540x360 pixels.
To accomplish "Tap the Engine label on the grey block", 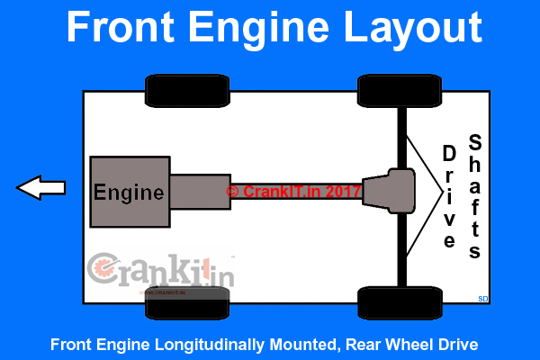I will [x=130, y=192].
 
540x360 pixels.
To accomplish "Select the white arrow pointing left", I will [x=41, y=188].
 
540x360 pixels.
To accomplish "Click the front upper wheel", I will [x=180, y=90].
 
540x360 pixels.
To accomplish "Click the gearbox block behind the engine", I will [x=200, y=191].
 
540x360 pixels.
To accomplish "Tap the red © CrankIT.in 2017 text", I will [x=293, y=191].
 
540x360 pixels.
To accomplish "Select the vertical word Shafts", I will [x=475, y=195].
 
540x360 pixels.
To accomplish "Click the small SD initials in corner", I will [x=482, y=298].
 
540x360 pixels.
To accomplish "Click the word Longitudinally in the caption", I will [x=227, y=344].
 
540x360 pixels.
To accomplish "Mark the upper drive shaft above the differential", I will [x=402, y=135].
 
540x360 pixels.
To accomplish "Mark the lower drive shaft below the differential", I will [x=402, y=247].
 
